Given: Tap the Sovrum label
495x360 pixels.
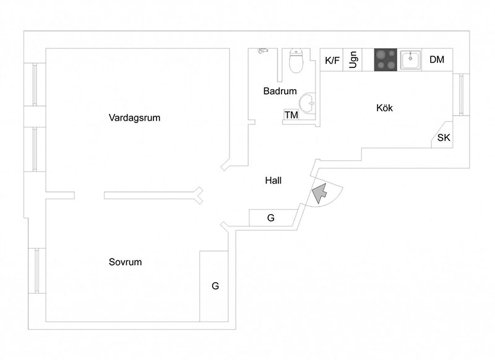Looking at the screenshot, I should [x=126, y=262].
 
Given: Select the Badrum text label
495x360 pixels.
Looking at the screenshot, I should [x=280, y=91].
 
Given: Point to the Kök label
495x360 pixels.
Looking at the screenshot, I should [x=384, y=108].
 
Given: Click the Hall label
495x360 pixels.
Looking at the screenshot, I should [x=273, y=181].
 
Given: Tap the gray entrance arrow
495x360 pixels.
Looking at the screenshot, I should [x=319, y=193].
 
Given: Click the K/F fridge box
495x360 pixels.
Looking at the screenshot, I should [x=332, y=60].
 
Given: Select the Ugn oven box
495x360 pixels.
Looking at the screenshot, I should [x=353, y=60].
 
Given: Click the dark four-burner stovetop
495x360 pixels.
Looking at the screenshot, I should [x=386, y=60].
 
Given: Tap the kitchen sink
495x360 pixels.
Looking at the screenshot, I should [x=411, y=60].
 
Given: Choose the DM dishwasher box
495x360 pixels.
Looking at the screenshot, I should [x=437, y=60].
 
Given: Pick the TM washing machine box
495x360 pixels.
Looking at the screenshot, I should [x=291, y=115].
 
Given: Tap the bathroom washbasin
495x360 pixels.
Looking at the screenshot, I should [x=308, y=101].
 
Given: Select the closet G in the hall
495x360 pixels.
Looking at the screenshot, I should [x=271, y=218].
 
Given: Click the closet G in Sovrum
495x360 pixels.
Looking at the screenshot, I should [x=215, y=286].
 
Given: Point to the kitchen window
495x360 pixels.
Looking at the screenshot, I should [x=461, y=94].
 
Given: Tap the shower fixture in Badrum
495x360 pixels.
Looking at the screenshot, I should [x=262, y=52].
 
